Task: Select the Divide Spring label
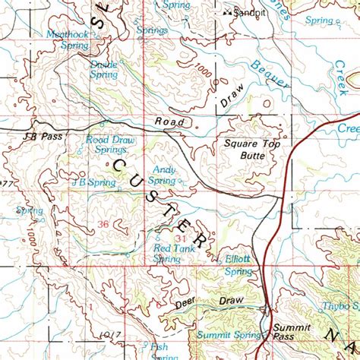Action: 103,69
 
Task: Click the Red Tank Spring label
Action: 169,253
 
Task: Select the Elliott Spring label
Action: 240,264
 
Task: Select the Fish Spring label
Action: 159,351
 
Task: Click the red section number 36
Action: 103,223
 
